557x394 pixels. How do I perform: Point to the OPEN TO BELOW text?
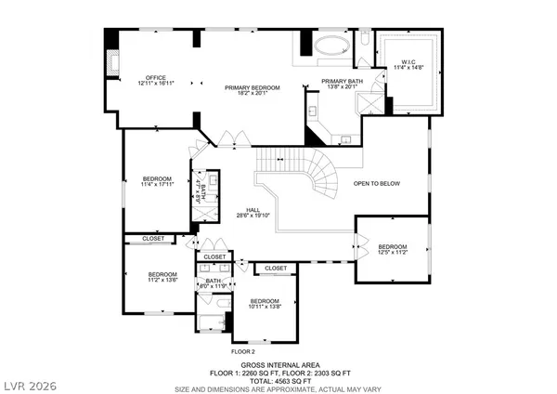click(376, 183)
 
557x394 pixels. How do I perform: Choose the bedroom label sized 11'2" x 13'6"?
click(163, 276)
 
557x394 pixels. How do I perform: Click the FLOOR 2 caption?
click(242, 351)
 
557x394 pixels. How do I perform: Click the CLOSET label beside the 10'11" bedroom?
click(276, 269)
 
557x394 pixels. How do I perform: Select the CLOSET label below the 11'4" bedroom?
click(153, 239)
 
